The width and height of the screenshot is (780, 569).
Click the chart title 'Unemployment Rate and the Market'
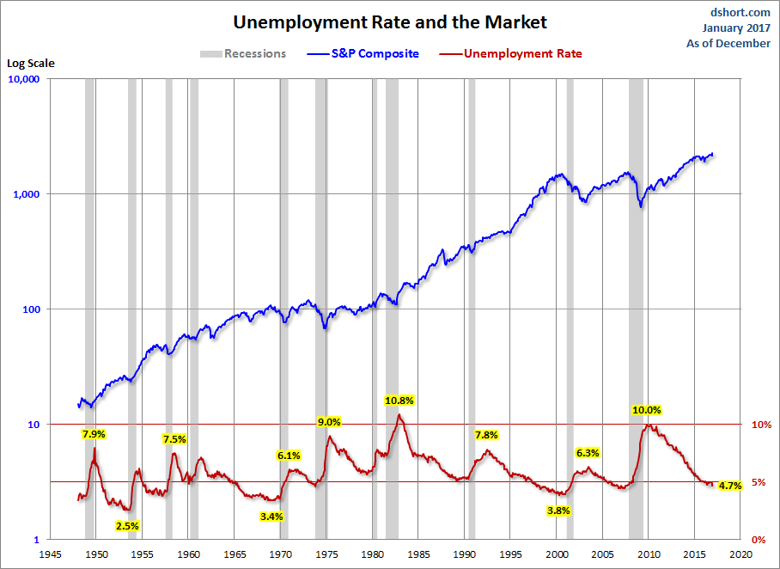(390, 21)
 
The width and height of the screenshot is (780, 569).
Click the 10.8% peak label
(399, 400)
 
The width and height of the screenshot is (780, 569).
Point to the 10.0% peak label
(647, 410)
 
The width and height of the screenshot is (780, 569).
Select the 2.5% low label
(127, 525)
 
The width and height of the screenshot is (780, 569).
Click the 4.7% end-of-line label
(729, 486)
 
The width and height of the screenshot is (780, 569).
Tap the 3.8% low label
(558, 510)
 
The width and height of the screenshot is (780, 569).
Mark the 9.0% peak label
(329, 422)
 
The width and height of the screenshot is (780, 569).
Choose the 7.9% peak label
(93, 434)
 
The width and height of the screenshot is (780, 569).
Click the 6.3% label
(588, 452)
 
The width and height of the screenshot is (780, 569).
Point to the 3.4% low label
(271, 517)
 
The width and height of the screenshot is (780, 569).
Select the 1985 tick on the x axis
(418, 554)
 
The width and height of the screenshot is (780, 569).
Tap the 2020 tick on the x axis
(742, 554)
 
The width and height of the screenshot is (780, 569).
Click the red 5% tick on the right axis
(760, 482)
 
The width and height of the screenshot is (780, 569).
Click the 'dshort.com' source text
(741, 13)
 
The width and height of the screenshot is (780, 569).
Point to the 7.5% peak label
(174, 438)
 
